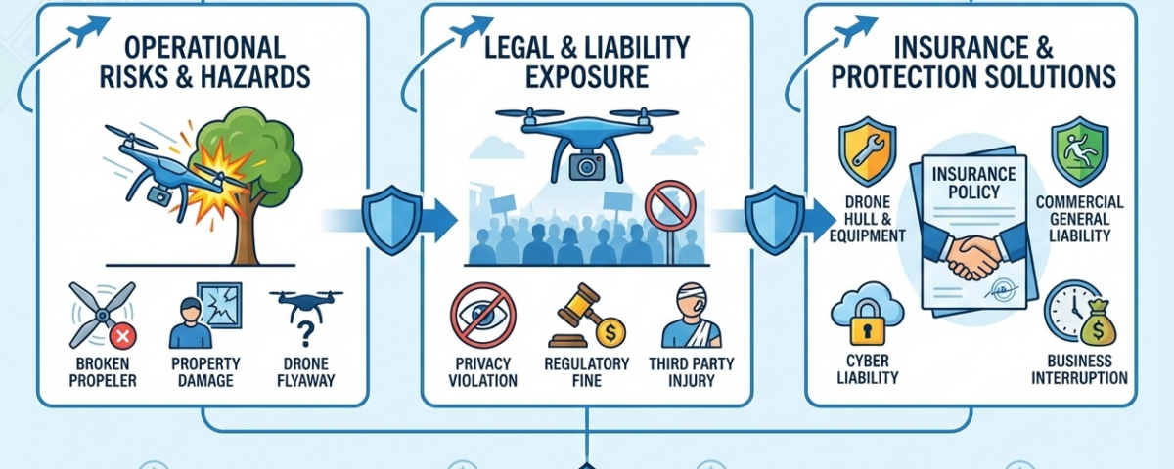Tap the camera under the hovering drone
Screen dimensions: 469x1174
pyautogui.click(x=588, y=165)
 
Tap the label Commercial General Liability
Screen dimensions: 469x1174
pyautogui.click(x=1079, y=219)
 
